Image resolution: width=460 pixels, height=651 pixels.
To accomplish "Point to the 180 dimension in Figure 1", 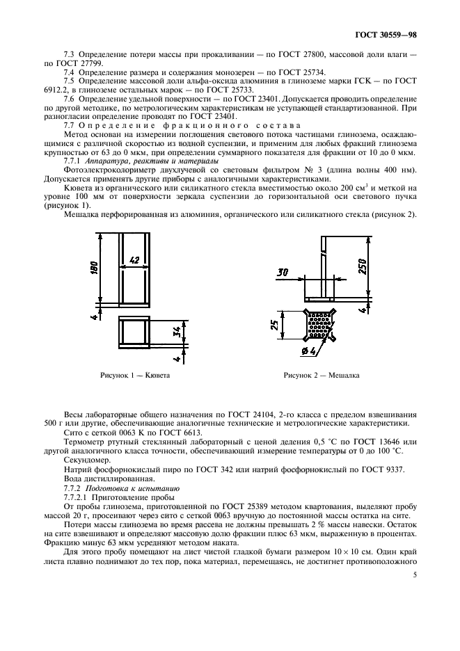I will point(95,267).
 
